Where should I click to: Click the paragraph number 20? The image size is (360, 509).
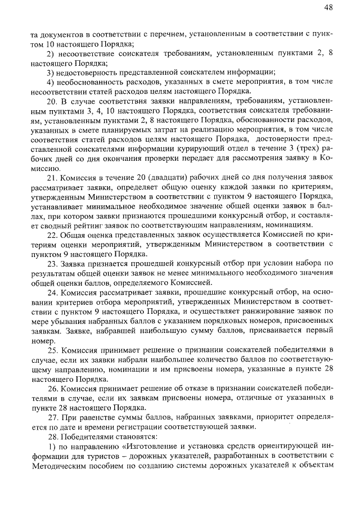[52, 101]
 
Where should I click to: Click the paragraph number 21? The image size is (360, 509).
[52, 178]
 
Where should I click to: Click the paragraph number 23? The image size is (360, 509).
[52, 263]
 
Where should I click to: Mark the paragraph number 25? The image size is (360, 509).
[52, 349]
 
